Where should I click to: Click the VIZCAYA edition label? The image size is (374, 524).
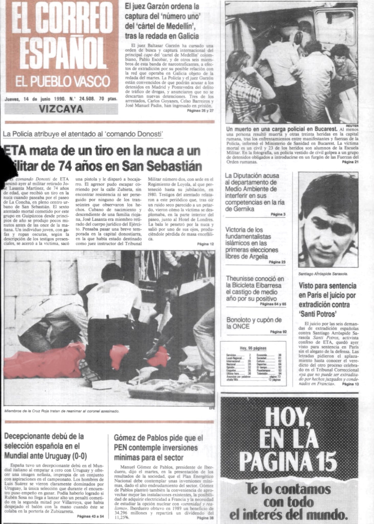click(61, 109)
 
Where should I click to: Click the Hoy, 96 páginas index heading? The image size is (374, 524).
click(253, 348)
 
